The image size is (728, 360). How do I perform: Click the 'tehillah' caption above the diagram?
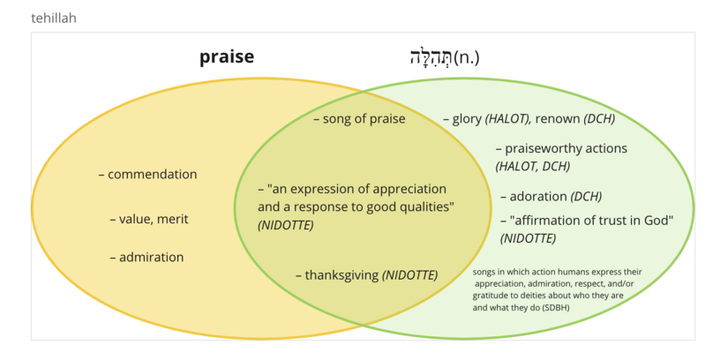point(54,19)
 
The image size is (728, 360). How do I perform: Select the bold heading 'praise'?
point(227,56)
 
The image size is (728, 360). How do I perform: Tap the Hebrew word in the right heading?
point(431,57)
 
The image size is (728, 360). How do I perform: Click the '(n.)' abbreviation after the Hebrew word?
point(467,57)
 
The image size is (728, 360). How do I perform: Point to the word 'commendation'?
point(153,174)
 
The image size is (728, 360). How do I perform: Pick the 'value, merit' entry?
point(154,219)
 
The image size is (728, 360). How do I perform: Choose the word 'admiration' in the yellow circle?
point(152,257)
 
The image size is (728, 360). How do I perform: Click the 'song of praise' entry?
point(364,119)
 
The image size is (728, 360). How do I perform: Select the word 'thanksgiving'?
point(341,275)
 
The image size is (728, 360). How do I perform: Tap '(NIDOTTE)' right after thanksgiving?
point(410,275)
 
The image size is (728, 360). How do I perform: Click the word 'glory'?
point(467,119)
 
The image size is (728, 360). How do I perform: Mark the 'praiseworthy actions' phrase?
point(566,148)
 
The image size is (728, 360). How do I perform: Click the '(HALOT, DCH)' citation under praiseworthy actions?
point(532,166)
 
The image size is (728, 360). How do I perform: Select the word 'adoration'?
point(538,197)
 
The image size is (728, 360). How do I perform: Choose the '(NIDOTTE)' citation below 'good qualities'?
point(286,225)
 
